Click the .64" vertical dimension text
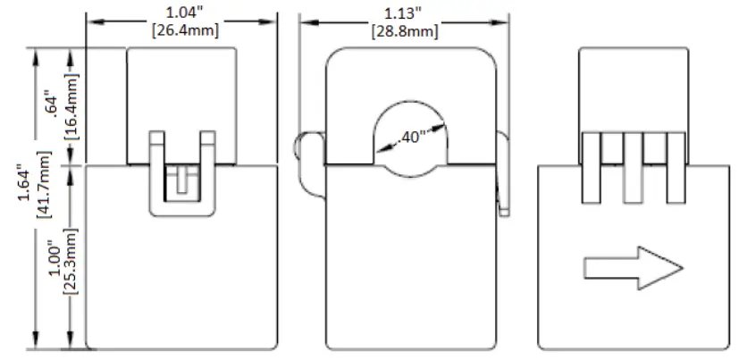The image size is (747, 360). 51,106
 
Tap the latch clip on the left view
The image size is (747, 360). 182,179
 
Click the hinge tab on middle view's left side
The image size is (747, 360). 306,161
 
